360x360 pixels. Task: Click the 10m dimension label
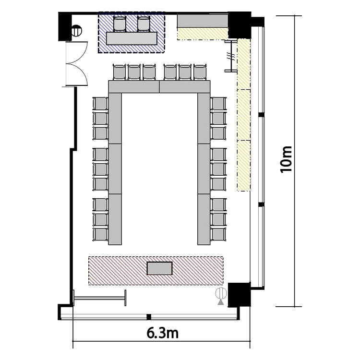click(286, 159)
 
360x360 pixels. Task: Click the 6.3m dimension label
click(163, 334)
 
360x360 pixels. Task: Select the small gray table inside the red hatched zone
click(159, 268)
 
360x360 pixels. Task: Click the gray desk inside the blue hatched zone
click(132, 38)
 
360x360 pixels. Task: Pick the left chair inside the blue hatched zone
click(120, 24)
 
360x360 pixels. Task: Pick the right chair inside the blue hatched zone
click(144, 24)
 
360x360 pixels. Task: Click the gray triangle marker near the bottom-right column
click(221, 302)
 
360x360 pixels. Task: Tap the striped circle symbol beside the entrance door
click(76, 31)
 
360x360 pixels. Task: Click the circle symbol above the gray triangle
click(221, 293)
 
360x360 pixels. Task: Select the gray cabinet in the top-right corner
click(203, 21)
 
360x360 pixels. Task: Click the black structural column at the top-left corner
click(65, 26)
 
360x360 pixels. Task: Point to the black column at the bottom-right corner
click(239, 295)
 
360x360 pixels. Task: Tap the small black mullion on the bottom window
click(149, 317)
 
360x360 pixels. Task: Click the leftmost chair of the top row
click(120, 72)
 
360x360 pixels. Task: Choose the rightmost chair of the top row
click(200, 72)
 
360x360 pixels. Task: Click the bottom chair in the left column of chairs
click(100, 234)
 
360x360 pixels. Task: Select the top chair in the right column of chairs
click(218, 104)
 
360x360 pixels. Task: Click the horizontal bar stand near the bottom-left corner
click(99, 298)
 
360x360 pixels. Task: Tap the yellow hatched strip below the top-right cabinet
click(203, 34)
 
